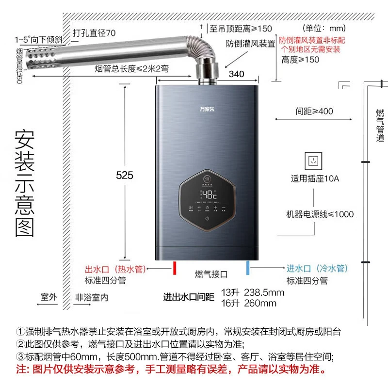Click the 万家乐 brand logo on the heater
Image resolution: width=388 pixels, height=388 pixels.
point(208,107)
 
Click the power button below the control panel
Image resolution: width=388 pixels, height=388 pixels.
point(208,219)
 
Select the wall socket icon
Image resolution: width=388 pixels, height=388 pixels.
point(312,161)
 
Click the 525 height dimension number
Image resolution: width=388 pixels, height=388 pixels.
point(125,176)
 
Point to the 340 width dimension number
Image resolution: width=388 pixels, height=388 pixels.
point(236,74)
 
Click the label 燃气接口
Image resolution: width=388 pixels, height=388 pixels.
point(211,275)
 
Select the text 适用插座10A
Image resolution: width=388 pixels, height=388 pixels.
point(315,178)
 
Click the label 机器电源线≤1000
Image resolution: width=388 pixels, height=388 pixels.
point(320,214)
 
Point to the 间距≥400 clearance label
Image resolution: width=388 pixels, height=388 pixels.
point(314,111)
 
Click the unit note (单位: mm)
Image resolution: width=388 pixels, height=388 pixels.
point(323,28)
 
